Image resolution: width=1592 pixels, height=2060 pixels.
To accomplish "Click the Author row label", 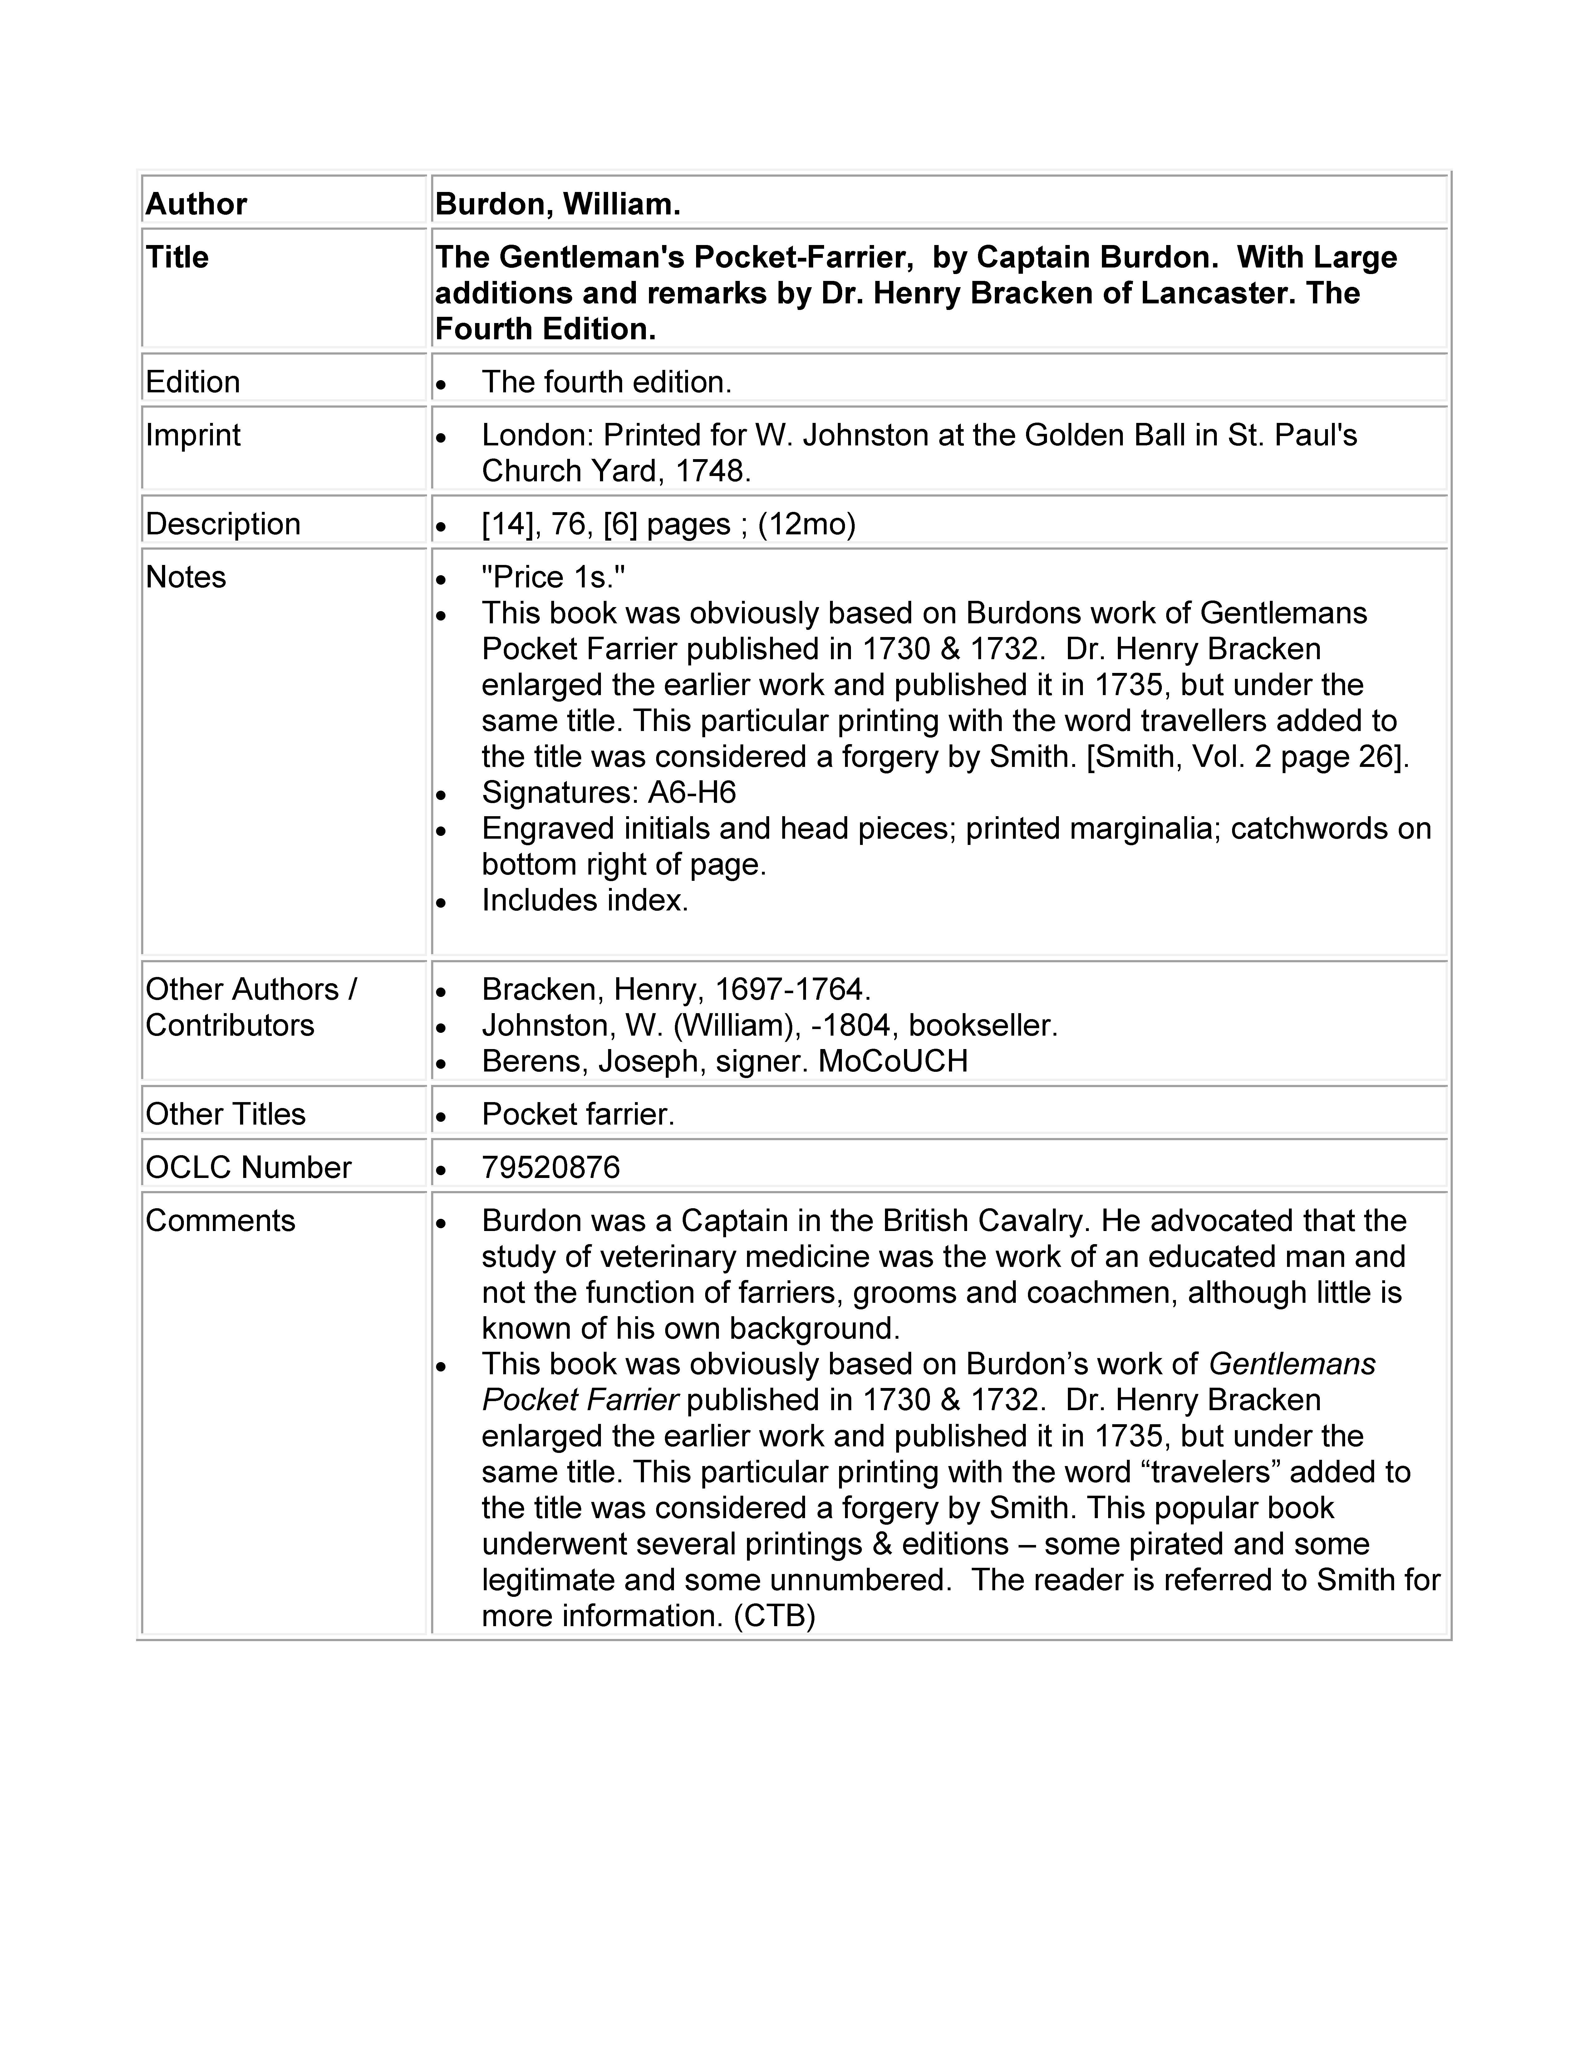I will (x=196, y=204).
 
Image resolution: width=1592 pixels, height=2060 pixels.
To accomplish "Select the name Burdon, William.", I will (x=558, y=204).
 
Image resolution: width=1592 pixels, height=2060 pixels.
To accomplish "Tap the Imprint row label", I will (x=193, y=435).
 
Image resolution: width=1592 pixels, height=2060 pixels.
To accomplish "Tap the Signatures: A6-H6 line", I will (x=608, y=792).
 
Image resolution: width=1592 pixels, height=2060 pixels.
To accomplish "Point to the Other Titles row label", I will (x=225, y=1114).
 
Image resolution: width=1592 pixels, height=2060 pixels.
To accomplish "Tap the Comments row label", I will (x=220, y=1220).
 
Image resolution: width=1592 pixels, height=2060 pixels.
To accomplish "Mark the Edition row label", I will (x=192, y=382).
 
